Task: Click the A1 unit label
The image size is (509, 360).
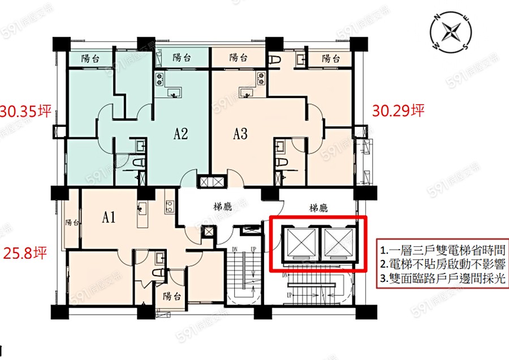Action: (x=109, y=217)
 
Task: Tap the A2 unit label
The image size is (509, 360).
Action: (x=180, y=134)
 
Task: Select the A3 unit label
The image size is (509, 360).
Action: (x=240, y=134)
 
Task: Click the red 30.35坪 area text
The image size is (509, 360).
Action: (x=26, y=111)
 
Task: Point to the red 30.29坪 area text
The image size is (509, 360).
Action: (x=398, y=111)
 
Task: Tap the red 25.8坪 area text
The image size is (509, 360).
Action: (x=25, y=253)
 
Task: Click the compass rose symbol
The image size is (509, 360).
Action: (x=451, y=32)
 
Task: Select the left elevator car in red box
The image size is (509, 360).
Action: (x=301, y=242)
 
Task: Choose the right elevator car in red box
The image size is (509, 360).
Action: (x=339, y=242)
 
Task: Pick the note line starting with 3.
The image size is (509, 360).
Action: (x=443, y=278)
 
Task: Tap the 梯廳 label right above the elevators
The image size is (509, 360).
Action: (x=318, y=208)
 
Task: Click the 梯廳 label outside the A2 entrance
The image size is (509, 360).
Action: (x=223, y=207)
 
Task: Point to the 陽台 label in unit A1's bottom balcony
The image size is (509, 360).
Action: (x=172, y=296)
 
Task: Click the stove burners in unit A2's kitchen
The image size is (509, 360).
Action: (x=159, y=79)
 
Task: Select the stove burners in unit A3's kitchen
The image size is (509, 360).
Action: (x=261, y=79)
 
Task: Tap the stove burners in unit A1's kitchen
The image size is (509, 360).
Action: (x=170, y=207)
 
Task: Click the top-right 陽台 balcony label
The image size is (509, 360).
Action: (x=331, y=58)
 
